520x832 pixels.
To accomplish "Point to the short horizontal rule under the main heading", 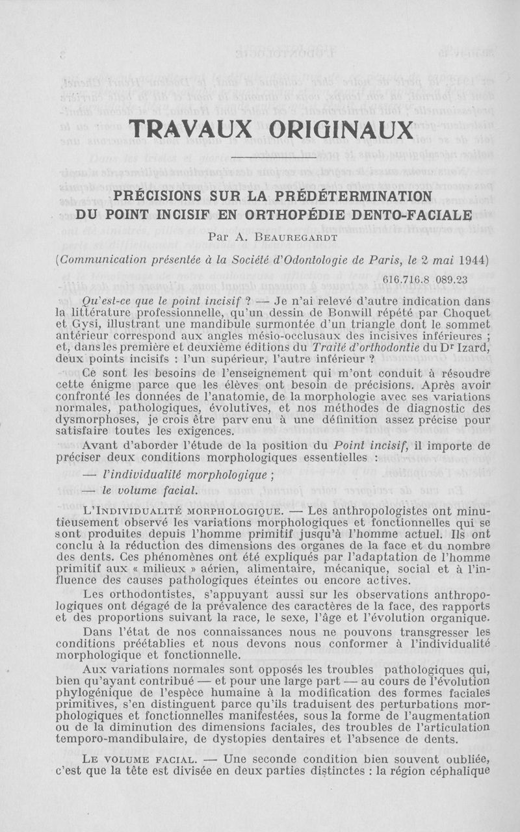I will [x=273, y=156].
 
